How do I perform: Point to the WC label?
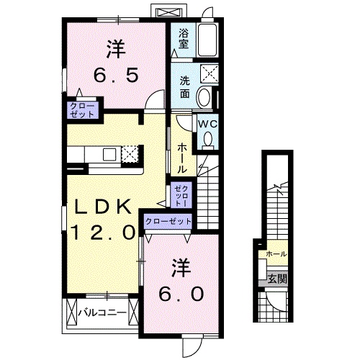(x=207, y=123)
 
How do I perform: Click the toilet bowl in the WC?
(x=208, y=142)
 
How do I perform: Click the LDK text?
(x=104, y=207)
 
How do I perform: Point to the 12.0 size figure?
(x=104, y=233)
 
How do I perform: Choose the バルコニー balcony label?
(x=102, y=312)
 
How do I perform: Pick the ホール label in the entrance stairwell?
(x=276, y=254)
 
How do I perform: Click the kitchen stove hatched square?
(x=130, y=153)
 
